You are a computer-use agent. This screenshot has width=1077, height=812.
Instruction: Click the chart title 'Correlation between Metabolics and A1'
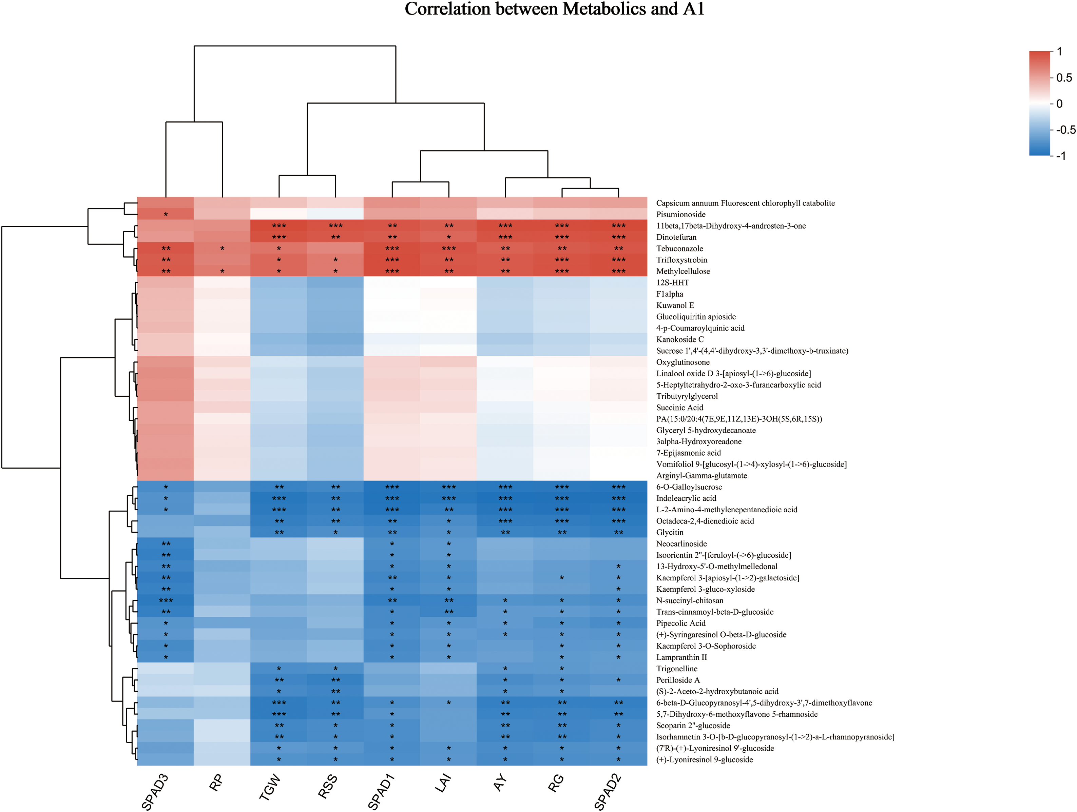coord(555,9)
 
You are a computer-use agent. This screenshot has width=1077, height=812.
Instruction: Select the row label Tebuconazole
coord(680,249)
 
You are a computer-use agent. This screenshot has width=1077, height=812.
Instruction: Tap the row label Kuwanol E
coord(675,305)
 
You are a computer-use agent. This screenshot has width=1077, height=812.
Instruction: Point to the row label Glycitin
coord(670,533)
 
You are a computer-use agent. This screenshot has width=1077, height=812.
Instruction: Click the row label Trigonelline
coord(676,669)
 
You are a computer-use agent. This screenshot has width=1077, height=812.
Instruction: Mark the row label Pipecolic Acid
coord(681,623)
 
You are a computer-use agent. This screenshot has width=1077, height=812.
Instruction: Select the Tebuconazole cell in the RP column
coord(222,249)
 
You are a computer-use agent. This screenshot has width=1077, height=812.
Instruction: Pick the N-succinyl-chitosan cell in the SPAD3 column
coord(166,601)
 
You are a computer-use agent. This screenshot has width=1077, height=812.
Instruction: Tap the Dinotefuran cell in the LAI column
coord(448,237)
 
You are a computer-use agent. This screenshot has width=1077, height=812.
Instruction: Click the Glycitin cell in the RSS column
coord(335,533)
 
